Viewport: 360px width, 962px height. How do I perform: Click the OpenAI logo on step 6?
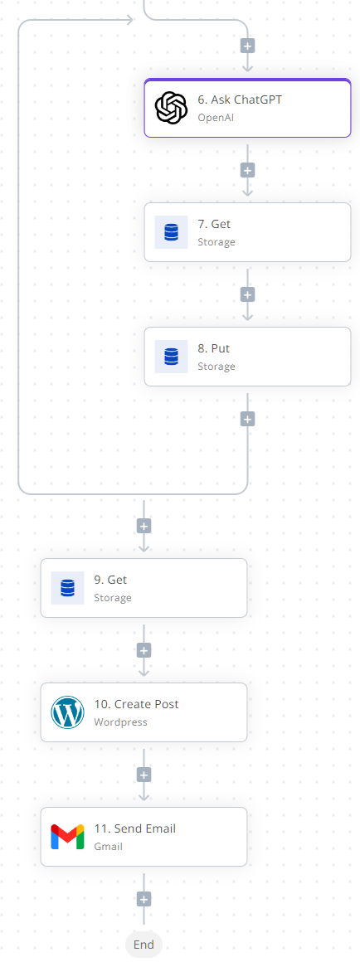pyautogui.click(x=171, y=107)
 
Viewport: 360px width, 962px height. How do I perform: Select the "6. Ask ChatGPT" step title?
pyautogui.click(x=240, y=100)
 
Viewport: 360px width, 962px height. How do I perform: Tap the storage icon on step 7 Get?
pyautogui.click(x=171, y=232)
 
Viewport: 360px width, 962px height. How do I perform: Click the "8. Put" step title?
pyautogui.click(x=213, y=348)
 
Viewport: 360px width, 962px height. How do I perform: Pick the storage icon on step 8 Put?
pyautogui.click(x=171, y=357)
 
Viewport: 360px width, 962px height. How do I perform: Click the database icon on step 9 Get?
pyautogui.click(x=67, y=588)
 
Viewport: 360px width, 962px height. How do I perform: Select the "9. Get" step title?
pyautogui.click(x=110, y=580)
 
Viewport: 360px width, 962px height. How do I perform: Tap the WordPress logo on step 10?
pyautogui.click(x=67, y=712)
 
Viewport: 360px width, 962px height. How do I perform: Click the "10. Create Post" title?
pyautogui.click(x=136, y=704)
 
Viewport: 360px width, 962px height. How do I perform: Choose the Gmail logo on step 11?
pyautogui.click(x=67, y=837)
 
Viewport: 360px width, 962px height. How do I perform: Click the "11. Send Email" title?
pyautogui.click(x=135, y=828)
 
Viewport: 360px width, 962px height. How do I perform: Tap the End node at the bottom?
pyautogui.click(x=144, y=945)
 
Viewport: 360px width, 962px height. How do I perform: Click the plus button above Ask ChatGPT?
pyautogui.click(x=247, y=46)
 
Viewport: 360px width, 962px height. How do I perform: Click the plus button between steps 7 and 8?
pyautogui.click(x=247, y=294)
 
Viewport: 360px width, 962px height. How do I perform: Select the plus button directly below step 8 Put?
pyautogui.click(x=247, y=419)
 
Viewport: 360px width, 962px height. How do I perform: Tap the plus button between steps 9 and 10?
pyautogui.click(x=144, y=650)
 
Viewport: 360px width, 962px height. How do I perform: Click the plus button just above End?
pyautogui.click(x=144, y=900)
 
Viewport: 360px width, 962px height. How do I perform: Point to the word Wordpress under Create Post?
pyautogui.click(x=121, y=722)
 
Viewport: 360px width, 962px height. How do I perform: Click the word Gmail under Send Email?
pyautogui.click(x=108, y=847)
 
